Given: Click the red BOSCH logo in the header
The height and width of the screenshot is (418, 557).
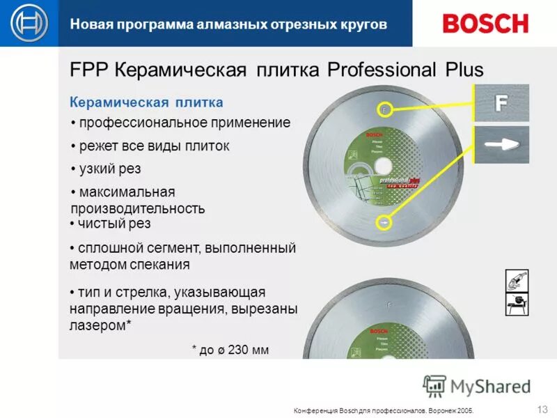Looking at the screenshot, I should coord(485,23).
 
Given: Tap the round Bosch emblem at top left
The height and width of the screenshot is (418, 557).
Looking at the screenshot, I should coord(29,23).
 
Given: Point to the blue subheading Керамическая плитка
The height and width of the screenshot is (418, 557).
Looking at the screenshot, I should coord(146,102).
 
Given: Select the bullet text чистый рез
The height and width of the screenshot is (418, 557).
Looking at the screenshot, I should coord(114,223).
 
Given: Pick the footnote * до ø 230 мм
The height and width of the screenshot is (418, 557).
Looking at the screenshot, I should coord(230,350).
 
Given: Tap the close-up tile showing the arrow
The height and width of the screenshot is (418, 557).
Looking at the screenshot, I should coord(501,145).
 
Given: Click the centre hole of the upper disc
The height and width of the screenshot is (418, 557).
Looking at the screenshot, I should coord(382,167).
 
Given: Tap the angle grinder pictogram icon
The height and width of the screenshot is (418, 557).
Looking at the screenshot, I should coord(517,281).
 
